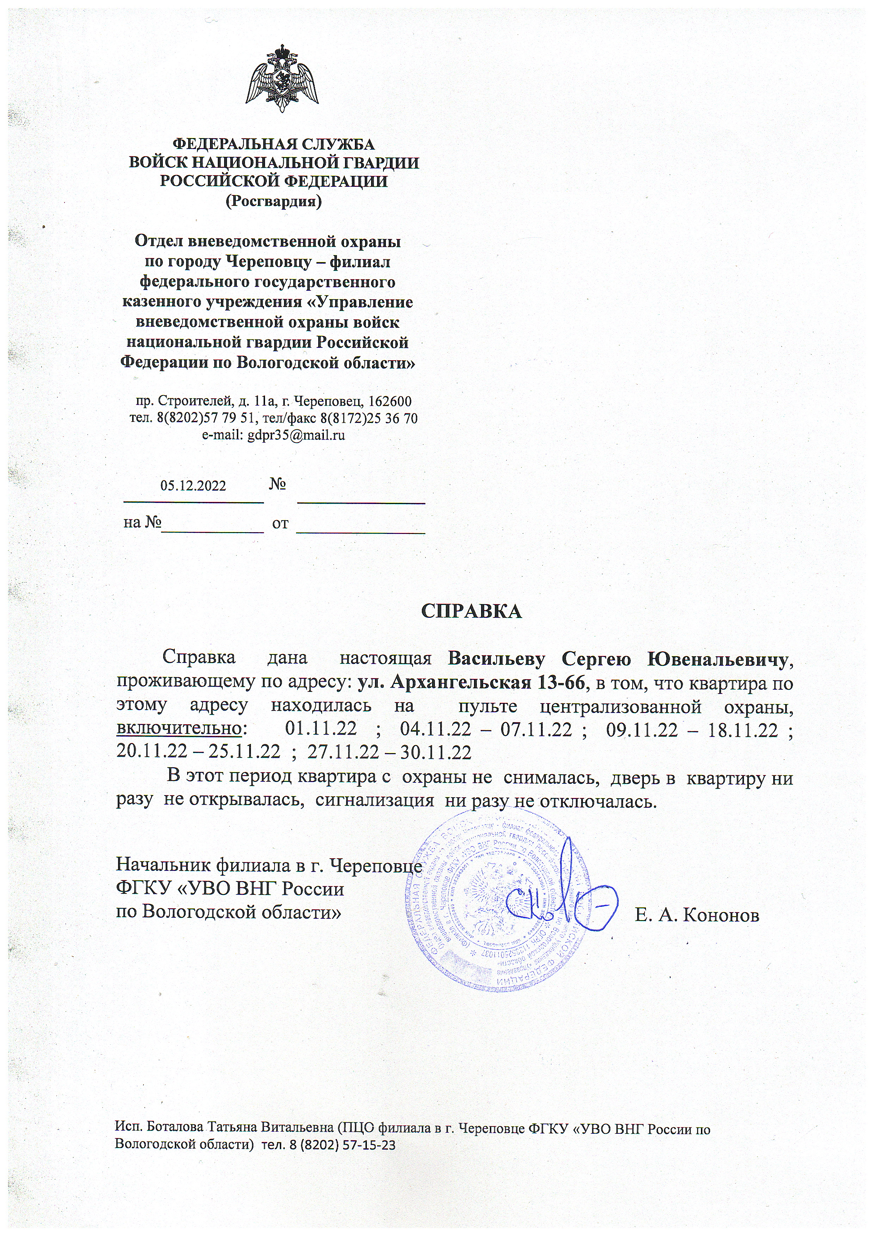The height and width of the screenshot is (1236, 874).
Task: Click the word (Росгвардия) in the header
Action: coord(273,201)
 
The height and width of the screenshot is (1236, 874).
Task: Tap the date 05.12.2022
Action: coord(193,486)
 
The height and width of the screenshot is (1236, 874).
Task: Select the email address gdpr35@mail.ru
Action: coord(295,436)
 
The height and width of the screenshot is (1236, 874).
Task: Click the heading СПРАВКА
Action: coord(472,611)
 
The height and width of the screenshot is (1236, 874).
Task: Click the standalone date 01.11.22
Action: coord(321,729)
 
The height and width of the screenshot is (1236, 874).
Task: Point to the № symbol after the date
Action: coord(277,484)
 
